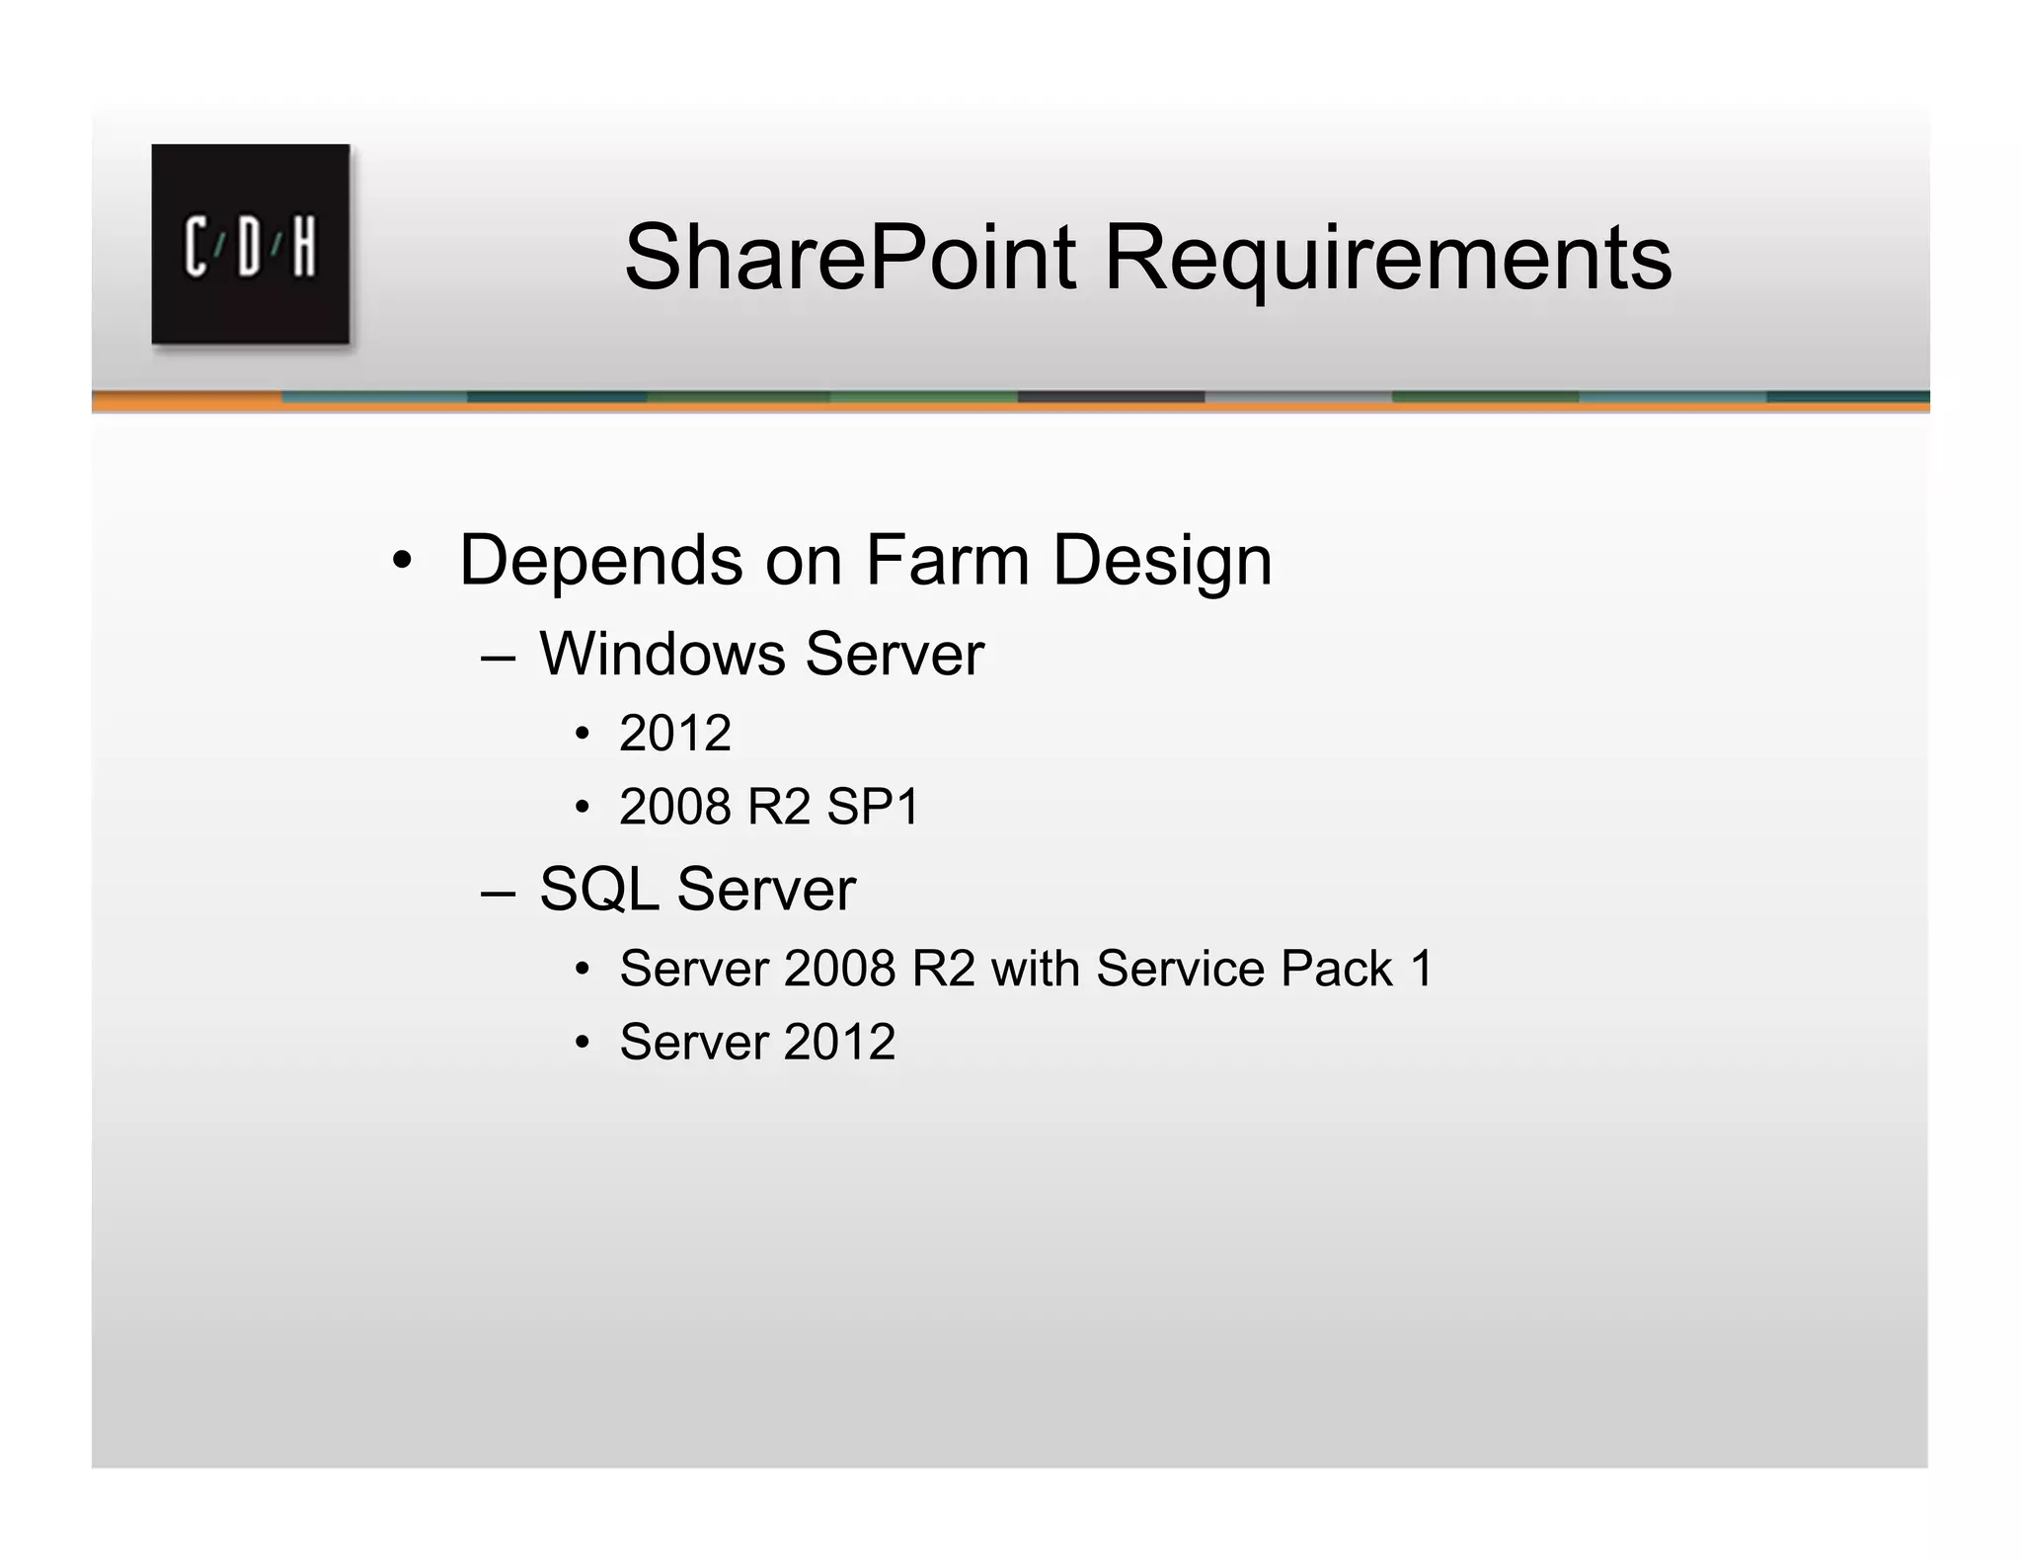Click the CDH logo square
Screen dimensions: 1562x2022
pos(250,244)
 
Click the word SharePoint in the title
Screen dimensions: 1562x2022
pos(850,258)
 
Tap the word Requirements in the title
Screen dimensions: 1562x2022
pos(1387,258)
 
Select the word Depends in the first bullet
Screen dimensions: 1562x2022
pos(600,560)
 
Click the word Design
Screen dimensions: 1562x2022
pos(1162,560)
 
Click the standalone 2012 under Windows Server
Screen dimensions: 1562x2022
pos(675,733)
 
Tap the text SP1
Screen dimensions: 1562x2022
pos(873,807)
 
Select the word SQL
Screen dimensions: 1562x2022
pos(598,889)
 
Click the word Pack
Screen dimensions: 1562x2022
pos(1337,968)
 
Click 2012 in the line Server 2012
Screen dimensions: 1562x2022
pos(840,1042)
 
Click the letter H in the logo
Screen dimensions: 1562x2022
pos(304,246)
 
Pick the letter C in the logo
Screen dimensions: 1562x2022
pos(195,246)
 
